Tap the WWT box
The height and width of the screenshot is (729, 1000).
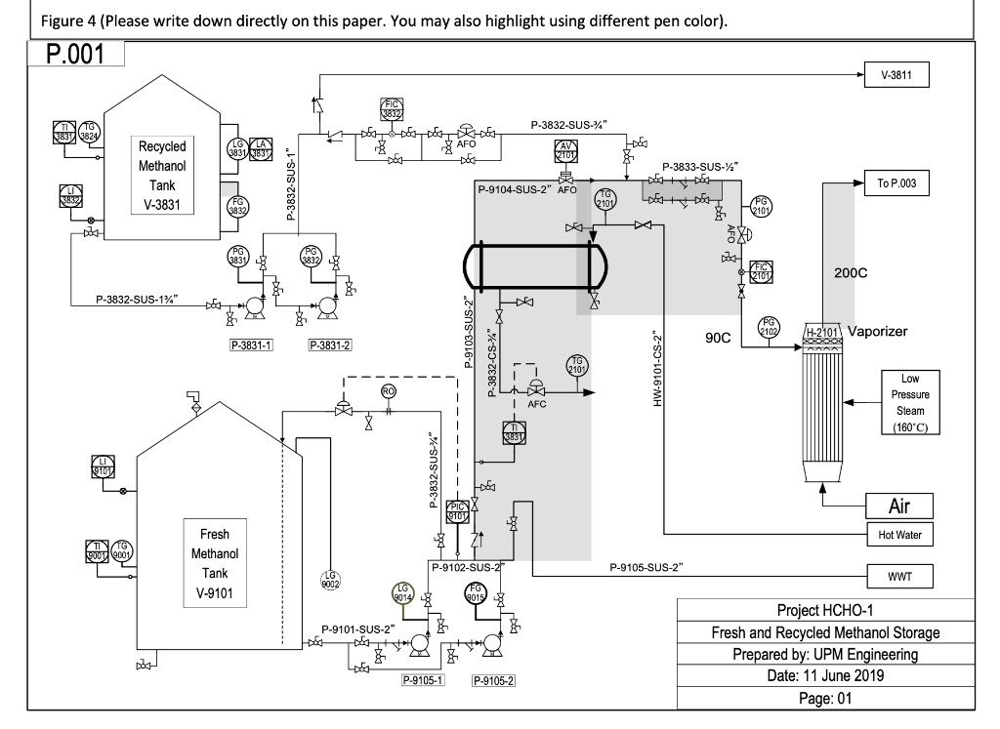tap(898, 575)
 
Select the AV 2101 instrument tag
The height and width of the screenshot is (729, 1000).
tap(566, 151)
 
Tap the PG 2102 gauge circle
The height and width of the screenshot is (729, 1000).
tap(770, 327)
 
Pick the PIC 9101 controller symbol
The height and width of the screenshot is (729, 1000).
tap(458, 510)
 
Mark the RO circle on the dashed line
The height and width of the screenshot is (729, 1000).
tap(388, 391)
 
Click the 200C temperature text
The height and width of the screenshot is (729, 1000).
tap(851, 273)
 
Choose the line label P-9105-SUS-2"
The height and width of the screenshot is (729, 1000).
tap(646, 566)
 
